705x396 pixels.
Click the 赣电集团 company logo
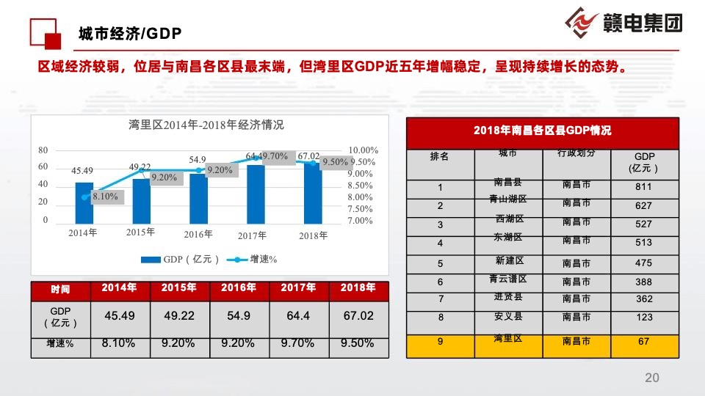624,23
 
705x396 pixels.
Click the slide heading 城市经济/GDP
130,34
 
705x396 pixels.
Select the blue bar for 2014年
84,203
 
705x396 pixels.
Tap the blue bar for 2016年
198,198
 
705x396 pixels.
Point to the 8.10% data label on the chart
105,197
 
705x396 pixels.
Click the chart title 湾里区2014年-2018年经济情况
206,124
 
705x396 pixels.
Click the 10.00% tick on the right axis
364,150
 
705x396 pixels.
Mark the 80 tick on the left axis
43,150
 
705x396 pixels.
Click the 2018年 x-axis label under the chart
314,235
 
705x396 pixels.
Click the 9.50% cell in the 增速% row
357,343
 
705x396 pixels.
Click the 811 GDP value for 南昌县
643,187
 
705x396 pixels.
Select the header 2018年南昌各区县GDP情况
542,131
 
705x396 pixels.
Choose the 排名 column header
439,157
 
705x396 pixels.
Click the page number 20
651,378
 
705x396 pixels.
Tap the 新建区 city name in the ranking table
509,260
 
